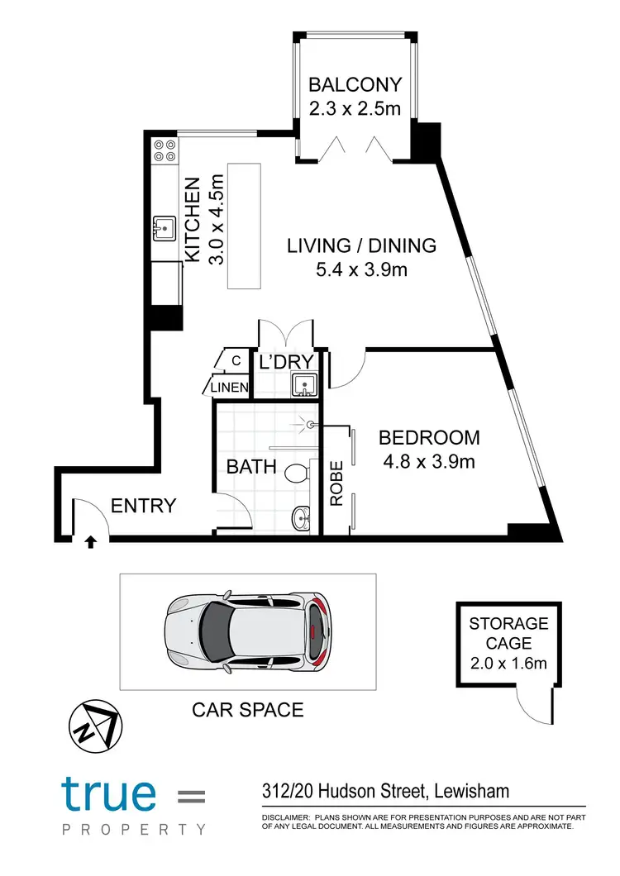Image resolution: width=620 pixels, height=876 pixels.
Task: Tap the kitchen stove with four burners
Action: point(164,150)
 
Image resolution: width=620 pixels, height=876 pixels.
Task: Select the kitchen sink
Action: point(165,226)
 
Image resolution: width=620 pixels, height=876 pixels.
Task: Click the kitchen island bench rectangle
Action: point(243,226)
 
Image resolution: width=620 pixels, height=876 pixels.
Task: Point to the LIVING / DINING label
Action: point(361,245)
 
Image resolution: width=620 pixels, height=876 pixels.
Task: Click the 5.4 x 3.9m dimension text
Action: point(360,270)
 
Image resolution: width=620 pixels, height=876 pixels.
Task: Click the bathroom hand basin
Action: point(302,519)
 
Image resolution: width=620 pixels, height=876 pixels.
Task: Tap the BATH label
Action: point(251,467)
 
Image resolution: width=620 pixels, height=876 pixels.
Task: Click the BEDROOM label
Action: point(429,437)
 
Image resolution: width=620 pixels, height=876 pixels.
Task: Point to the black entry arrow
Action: point(90,542)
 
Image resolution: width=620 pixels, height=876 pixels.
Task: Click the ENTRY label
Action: point(143,506)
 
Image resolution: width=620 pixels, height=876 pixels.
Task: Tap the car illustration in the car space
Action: point(248,631)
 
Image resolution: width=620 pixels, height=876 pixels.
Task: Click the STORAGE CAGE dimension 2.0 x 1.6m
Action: point(508,662)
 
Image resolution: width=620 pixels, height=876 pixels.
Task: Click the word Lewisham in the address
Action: point(473,793)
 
